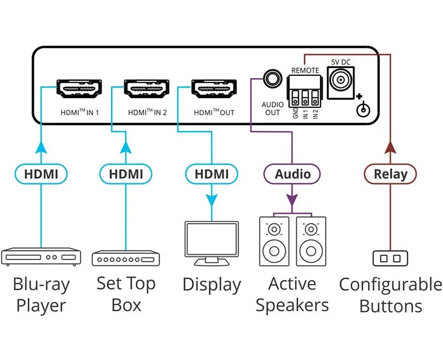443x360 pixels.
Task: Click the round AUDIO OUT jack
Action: pyautogui.click(x=272, y=79)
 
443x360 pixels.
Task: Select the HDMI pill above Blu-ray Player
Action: pyautogui.click(x=41, y=174)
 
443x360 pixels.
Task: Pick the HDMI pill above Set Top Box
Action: pyautogui.click(x=126, y=174)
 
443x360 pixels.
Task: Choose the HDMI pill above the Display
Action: pyautogui.click(x=211, y=174)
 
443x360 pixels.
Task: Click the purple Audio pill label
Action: pyautogui.click(x=292, y=174)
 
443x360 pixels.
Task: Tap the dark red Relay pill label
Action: pyautogui.click(x=390, y=174)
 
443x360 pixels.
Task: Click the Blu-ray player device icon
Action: pyautogui.click(x=41, y=256)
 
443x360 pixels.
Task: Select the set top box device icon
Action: pyautogui.click(x=126, y=258)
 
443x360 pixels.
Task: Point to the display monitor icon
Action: pyautogui.click(x=211, y=241)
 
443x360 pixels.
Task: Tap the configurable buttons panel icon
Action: pyautogui.click(x=390, y=258)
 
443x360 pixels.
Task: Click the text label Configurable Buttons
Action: pyautogui.click(x=390, y=295)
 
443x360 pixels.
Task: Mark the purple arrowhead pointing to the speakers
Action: pyautogui.click(x=292, y=199)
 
